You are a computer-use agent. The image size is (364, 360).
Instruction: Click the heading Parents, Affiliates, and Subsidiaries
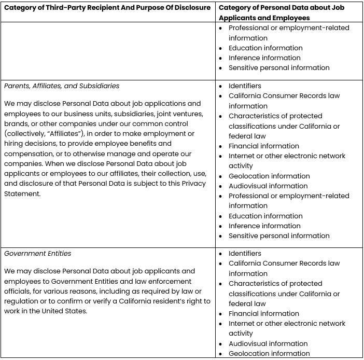(62, 86)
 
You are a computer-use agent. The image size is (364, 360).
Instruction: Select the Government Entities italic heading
(38, 253)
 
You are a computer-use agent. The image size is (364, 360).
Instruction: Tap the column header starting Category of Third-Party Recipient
(107, 7)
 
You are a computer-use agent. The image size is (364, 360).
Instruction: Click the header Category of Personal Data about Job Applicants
(288, 12)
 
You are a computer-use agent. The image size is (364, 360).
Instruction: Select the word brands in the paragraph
(16, 123)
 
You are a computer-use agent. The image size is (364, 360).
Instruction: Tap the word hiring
(15, 143)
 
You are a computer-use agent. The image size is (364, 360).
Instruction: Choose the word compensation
(28, 154)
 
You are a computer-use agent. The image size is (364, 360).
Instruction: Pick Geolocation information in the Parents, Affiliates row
(269, 176)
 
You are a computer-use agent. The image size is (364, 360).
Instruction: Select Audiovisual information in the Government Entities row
(268, 343)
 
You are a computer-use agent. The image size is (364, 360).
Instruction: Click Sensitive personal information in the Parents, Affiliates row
(279, 236)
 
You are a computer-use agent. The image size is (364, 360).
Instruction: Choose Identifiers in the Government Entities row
(245, 253)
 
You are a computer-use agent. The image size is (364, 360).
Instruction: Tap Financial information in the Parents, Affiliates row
(263, 146)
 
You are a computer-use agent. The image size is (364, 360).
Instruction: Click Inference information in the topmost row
(264, 58)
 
